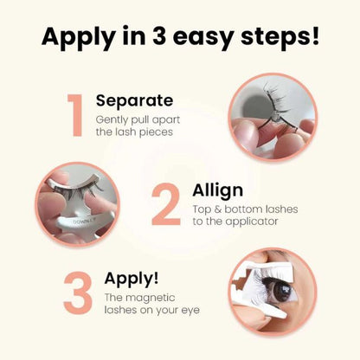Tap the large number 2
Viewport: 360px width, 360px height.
pyautogui.click(x=165, y=205)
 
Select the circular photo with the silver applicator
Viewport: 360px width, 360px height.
pyautogui.click(x=77, y=204)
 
